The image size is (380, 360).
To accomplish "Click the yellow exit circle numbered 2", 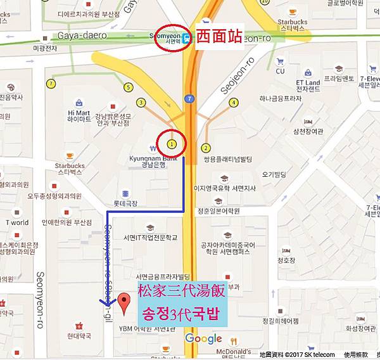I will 206,148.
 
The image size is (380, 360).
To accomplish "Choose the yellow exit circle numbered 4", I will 234,102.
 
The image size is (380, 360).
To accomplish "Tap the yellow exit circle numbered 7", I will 51,84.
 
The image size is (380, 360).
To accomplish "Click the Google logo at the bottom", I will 204,338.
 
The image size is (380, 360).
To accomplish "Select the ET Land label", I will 308,82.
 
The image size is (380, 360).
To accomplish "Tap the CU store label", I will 280,71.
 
